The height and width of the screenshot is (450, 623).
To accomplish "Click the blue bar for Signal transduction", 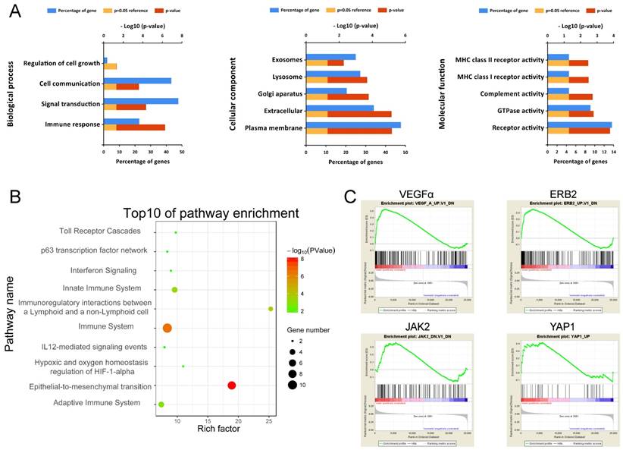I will pyautogui.click(x=141, y=101).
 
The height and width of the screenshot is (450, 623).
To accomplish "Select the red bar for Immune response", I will pyautogui.click(x=140, y=127).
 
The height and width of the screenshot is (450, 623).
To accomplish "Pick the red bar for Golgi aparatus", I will pyautogui.click(x=348, y=96).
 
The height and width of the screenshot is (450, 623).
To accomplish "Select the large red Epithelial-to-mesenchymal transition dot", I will pyautogui.click(x=232, y=385).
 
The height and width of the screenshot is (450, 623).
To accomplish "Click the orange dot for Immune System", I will pyautogui.click(x=167, y=328).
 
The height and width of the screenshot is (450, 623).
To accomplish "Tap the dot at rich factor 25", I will pyautogui.click(x=271, y=308).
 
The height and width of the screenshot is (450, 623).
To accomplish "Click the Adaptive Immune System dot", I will pyautogui.click(x=161, y=404).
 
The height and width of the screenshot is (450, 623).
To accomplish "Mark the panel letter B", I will pyautogui.click(x=15, y=197).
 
